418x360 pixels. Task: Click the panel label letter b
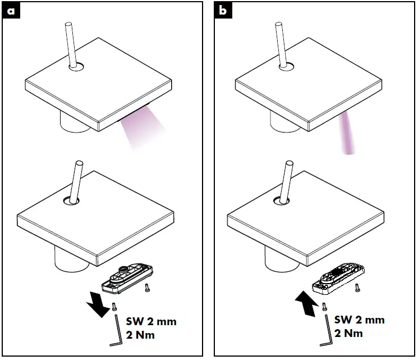[x=224, y=12]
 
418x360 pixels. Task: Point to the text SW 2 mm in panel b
[x=360, y=320]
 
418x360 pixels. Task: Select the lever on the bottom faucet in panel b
[x=286, y=180]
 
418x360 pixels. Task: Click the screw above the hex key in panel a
[x=114, y=306]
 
